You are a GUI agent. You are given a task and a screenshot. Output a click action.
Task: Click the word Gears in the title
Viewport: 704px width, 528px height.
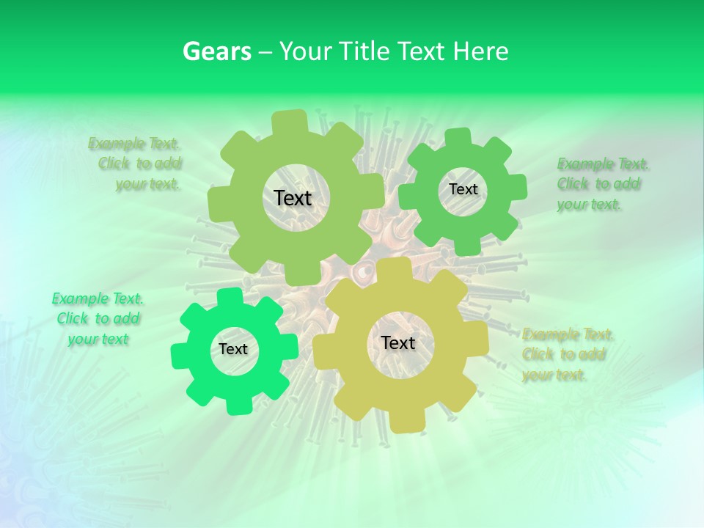[216, 51]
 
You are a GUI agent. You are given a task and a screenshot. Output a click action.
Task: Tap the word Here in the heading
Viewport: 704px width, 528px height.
[480, 51]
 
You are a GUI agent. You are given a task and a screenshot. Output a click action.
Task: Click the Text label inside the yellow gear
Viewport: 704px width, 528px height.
[398, 342]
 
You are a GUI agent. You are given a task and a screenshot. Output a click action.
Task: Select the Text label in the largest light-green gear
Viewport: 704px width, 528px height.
[293, 198]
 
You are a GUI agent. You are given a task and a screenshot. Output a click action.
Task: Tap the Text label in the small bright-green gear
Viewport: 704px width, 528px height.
[233, 349]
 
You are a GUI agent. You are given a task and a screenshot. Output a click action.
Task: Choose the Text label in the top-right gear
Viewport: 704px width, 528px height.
[463, 189]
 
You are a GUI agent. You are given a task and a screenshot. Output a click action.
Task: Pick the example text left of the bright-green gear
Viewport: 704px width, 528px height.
[98, 319]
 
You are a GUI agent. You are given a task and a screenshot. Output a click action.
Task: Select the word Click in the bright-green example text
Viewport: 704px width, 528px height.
[72, 319]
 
